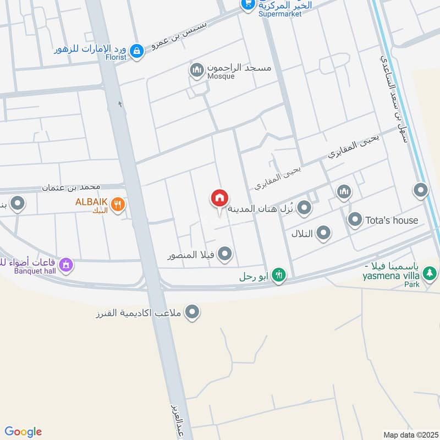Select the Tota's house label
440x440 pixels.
[x=392, y=221]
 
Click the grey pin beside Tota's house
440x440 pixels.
[x=355, y=220]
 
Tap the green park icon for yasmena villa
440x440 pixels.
[x=431, y=273]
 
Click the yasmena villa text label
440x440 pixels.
[x=391, y=274]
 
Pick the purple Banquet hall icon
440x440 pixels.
[x=67, y=265]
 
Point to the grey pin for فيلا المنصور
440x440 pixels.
[x=225, y=254]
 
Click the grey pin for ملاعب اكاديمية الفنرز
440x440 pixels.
[x=193, y=312]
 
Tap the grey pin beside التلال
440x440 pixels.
[x=324, y=233]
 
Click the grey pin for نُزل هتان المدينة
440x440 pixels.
[x=304, y=208]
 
